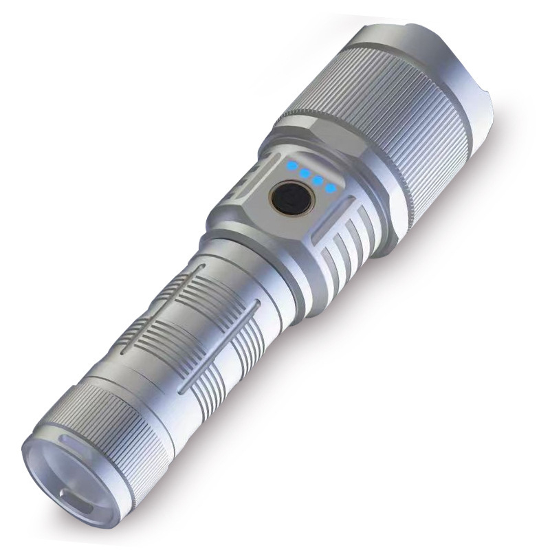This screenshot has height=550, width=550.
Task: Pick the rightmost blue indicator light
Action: click(331, 187)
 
